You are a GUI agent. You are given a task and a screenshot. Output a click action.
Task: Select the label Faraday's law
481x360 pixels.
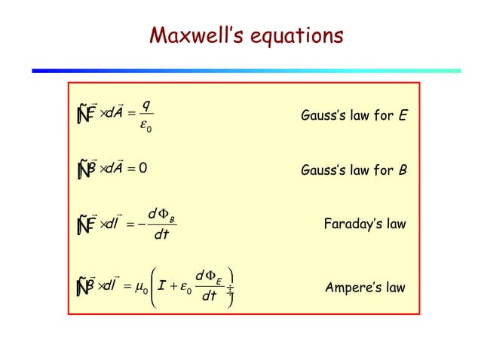(x=365, y=224)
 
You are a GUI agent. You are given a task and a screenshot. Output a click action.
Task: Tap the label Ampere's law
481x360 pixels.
(x=365, y=288)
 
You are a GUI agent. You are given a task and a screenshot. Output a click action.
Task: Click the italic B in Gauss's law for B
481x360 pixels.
(x=403, y=169)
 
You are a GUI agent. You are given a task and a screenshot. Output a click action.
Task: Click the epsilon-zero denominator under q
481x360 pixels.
(x=146, y=129)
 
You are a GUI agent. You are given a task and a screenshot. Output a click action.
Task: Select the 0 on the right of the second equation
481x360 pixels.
(x=142, y=168)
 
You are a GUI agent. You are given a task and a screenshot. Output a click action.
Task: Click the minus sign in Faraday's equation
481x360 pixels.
(x=142, y=224)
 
